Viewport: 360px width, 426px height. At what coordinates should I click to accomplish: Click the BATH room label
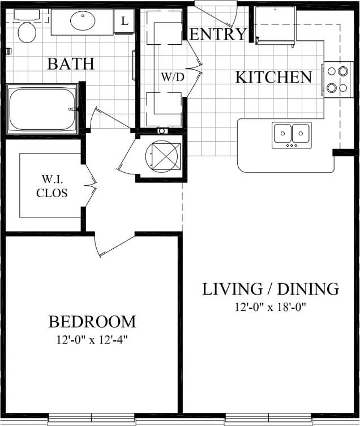point(71,63)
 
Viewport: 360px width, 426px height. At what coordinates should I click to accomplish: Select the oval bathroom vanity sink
point(83,22)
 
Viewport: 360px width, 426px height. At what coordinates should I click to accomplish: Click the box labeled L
point(124,21)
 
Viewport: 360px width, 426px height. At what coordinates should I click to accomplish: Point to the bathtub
point(42,109)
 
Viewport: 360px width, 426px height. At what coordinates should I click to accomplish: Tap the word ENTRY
point(218,34)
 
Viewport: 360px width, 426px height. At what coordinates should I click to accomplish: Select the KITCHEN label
point(273,77)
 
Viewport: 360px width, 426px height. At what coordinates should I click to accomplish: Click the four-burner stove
point(337,79)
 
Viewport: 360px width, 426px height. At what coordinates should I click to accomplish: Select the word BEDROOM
point(92,322)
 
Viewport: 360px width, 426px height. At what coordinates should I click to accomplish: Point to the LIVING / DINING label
point(271,289)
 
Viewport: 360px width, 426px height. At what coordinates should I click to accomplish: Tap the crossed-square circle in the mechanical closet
point(164,157)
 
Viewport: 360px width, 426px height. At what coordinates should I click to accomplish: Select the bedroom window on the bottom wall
point(92,419)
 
